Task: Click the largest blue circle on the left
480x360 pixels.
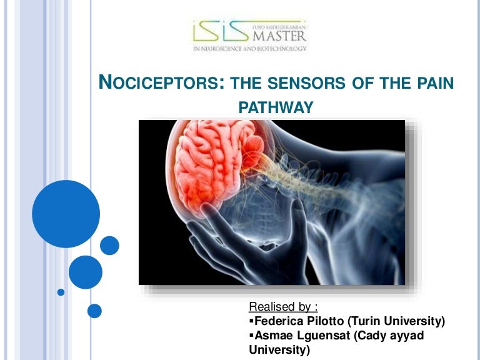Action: [66, 214]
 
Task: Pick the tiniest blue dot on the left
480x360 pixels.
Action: [61, 292]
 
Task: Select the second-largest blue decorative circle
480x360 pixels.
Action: [85, 272]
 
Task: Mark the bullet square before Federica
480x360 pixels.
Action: [252, 321]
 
